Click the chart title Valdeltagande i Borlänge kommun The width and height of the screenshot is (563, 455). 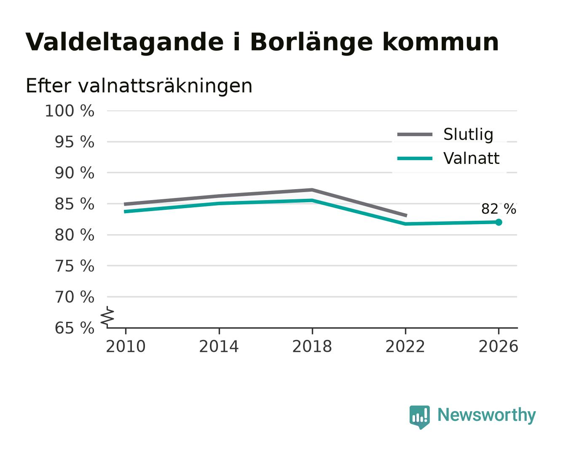click(262, 42)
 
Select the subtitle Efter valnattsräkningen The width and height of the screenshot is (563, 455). click(139, 86)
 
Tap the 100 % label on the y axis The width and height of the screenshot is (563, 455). click(70, 111)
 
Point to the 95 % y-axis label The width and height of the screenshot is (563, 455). click(74, 142)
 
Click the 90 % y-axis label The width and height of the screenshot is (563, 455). click(74, 173)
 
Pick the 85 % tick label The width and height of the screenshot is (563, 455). click(74, 204)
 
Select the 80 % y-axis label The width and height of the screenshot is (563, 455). click(74, 235)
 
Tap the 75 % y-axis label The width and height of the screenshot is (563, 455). click(74, 266)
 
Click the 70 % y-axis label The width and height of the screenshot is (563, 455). click(74, 297)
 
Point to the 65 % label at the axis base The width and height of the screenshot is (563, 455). click(74, 328)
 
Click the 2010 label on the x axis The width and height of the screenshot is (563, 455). click(126, 346)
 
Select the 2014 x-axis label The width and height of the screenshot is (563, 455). click(219, 346)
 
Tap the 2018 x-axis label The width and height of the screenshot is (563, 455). click(312, 346)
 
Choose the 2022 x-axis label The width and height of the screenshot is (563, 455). click(405, 346)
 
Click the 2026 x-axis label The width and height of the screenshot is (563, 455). click(498, 346)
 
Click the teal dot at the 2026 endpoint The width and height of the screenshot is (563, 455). click(499, 222)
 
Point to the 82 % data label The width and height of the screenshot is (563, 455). click(499, 209)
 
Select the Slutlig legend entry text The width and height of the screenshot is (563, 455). click(468, 134)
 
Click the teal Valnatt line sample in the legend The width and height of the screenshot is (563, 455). click(415, 158)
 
